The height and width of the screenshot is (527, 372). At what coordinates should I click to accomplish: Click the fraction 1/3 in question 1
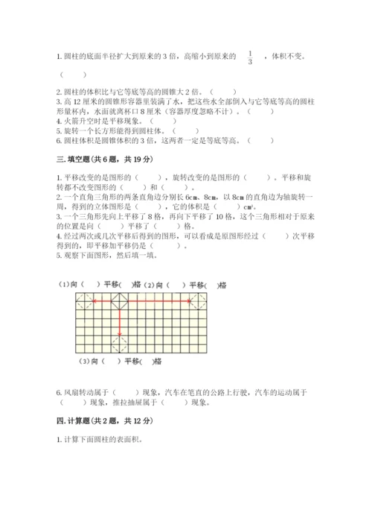[250, 57]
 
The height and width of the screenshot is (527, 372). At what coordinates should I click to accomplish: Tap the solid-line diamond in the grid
[118, 300]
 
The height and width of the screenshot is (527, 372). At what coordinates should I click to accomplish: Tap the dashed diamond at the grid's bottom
[118, 343]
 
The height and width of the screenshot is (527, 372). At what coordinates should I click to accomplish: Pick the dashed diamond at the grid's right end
[199, 300]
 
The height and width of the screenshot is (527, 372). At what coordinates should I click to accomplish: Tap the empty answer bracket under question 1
[72, 75]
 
